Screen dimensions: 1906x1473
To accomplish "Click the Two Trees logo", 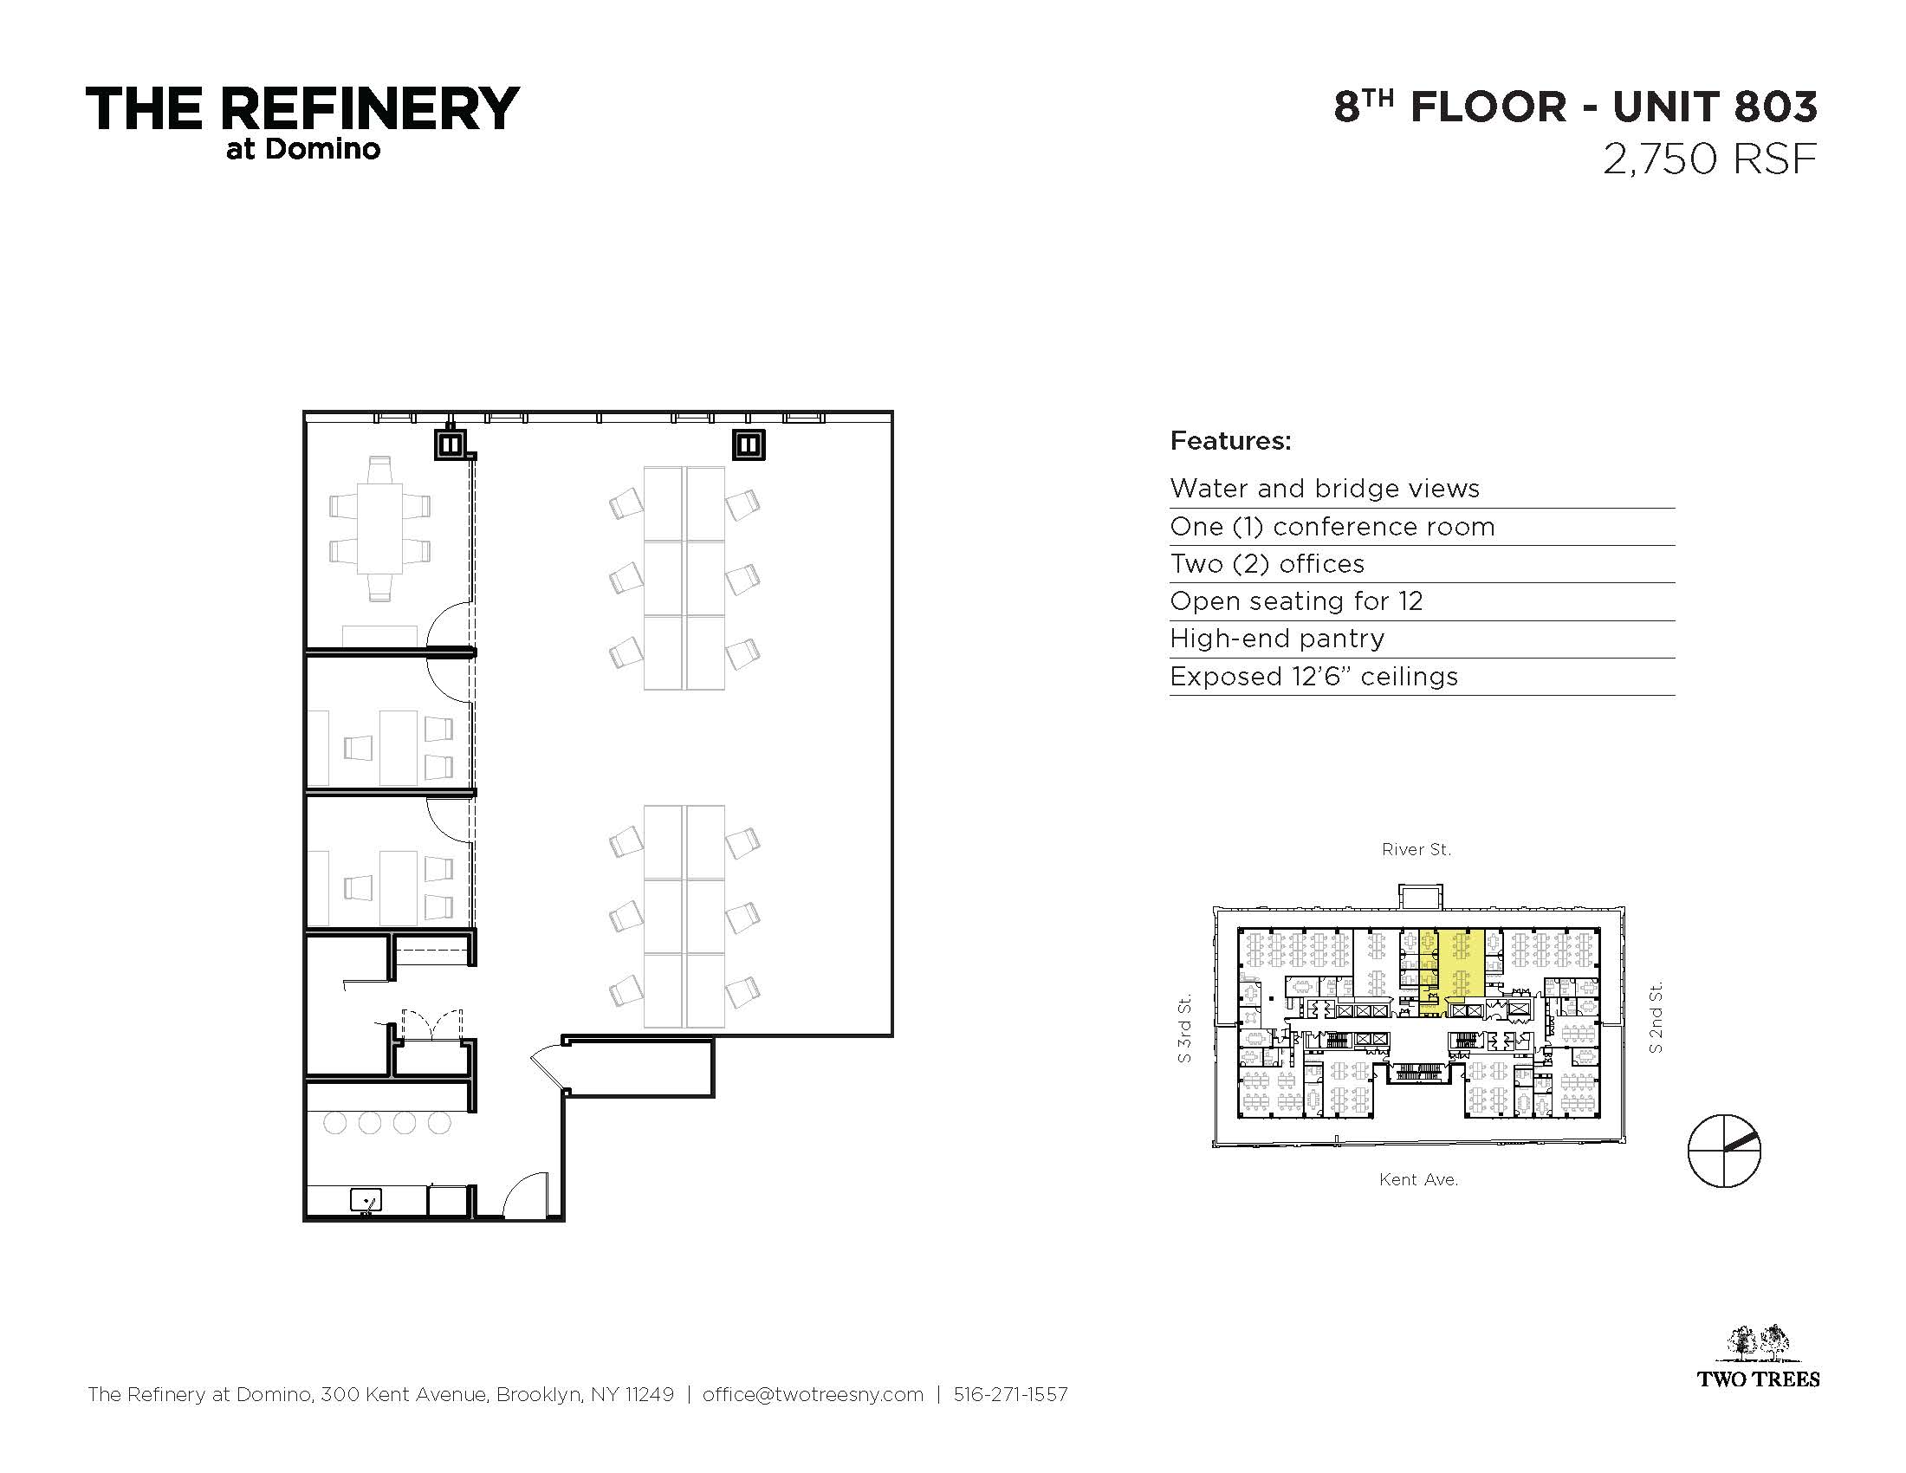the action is click(x=1758, y=1356).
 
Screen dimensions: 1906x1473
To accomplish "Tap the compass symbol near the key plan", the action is click(x=1723, y=1151).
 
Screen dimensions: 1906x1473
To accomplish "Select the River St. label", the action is click(x=1416, y=849).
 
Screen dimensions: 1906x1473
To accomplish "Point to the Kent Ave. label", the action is click(x=1418, y=1180).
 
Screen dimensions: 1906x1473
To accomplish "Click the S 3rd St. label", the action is click(x=1183, y=1029).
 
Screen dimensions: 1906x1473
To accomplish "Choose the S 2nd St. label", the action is click(x=1655, y=1017).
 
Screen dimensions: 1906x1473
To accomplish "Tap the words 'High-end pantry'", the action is click(x=1277, y=639).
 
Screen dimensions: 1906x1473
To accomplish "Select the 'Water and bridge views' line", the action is click(x=1325, y=489).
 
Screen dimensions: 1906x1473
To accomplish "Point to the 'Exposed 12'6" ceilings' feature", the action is click(x=1313, y=677).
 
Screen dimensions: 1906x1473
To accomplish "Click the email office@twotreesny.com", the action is click(x=813, y=1394).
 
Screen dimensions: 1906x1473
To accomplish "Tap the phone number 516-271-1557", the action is click(x=1010, y=1394).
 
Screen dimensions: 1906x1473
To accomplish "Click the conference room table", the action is click(x=379, y=528).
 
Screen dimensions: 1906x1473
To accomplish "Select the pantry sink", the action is click(x=366, y=1202).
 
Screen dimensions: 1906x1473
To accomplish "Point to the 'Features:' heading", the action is click(x=1230, y=441).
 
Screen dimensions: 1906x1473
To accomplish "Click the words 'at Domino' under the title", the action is click(x=303, y=149).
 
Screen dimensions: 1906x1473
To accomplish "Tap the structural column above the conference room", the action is click(x=451, y=444).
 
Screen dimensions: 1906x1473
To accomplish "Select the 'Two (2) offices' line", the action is click(x=1267, y=565).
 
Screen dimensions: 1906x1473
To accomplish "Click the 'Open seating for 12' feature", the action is click(x=1296, y=601).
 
